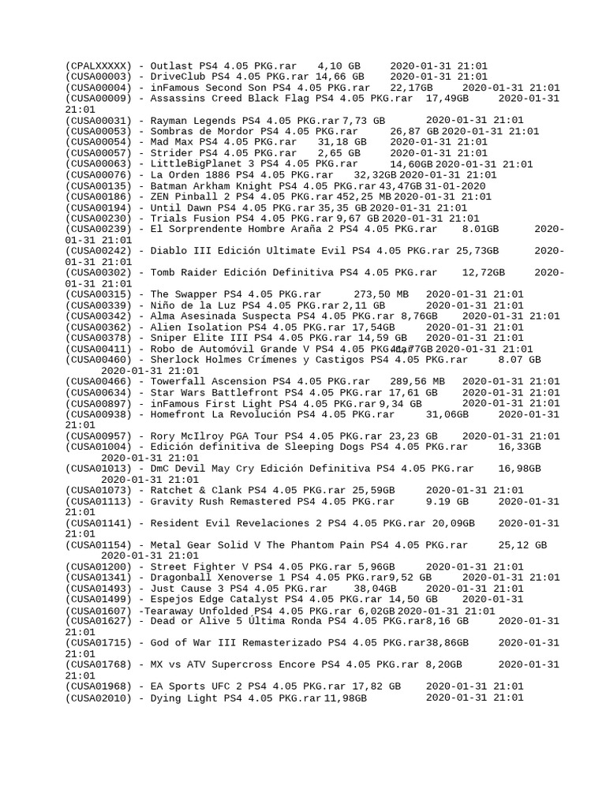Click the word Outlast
click(x=171, y=66)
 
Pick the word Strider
click(x=171, y=153)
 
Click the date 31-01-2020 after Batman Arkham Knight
click(x=454, y=186)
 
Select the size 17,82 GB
click(x=373, y=686)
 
